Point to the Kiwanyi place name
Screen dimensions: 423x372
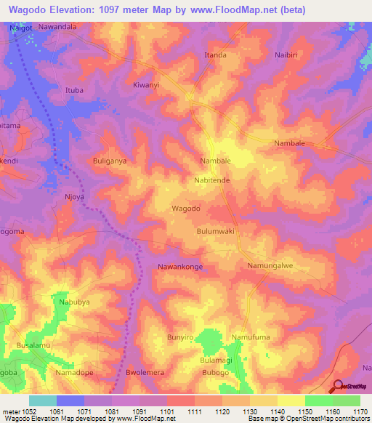(146, 85)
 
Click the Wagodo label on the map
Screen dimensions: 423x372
(185, 209)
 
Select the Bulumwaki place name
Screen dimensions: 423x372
(215, 231)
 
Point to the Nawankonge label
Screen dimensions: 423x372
(180, 267)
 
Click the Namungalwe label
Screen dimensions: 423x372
(270, 266)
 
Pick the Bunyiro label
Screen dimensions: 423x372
(179, 338)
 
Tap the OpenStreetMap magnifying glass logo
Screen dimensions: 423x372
(336, 387)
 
